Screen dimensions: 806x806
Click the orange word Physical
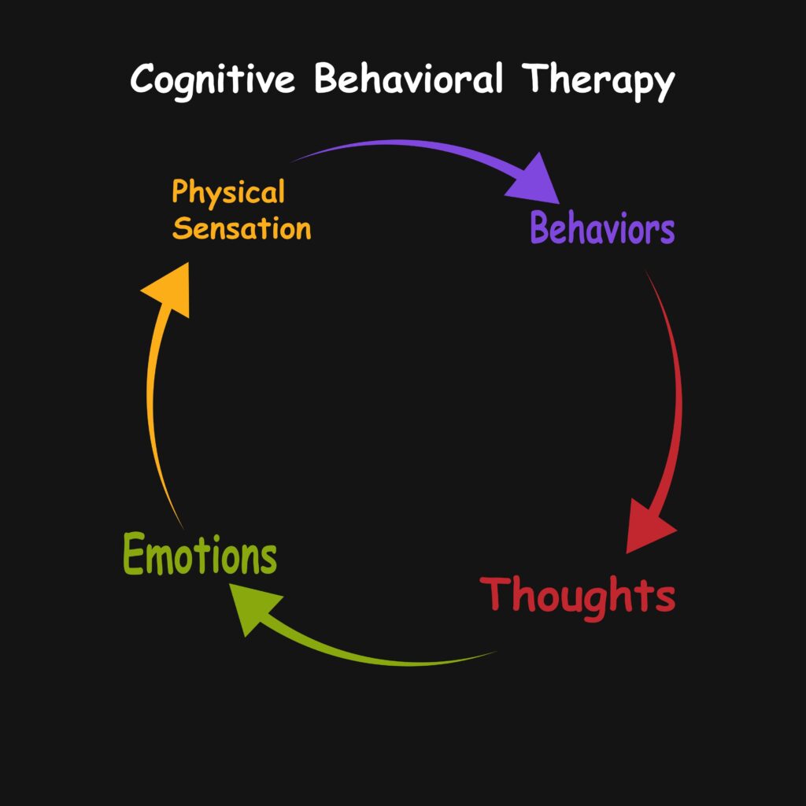click(228, 193)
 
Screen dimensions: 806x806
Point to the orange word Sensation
click(242, 229)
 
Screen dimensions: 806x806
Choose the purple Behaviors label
click(602, 229)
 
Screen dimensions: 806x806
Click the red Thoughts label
click(579, 596)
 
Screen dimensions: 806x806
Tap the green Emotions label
click(200, 556)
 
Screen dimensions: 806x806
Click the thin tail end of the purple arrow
click(295, 160)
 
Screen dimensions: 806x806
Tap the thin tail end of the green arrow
click(494, 653)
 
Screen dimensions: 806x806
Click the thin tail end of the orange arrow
click(183, 527)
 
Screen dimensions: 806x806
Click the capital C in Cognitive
click(143, 79)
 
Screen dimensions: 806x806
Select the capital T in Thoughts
click(496, 594)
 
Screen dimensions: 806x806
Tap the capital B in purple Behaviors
click(540, 229)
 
